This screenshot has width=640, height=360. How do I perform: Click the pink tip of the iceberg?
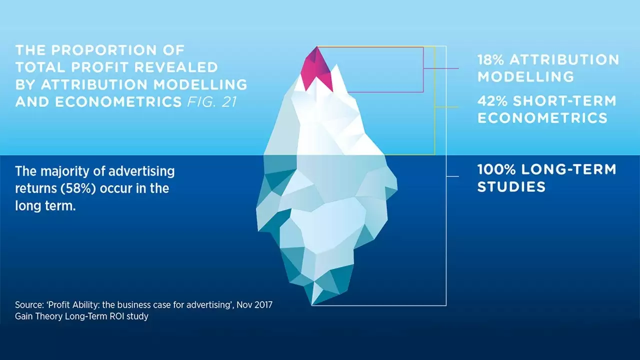(x=317, y=70)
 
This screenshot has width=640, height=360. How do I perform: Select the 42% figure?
(x=491, y=101)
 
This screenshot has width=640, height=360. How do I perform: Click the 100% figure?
(x=496, y=169)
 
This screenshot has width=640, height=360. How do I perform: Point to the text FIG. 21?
(x=211, y=101)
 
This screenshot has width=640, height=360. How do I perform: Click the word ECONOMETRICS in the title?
(x=118, y=101)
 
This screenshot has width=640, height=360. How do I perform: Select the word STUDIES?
(x=511, y=187)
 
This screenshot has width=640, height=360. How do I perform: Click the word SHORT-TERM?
(x=564, y=101)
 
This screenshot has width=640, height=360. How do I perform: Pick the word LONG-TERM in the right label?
(x=569, y=169)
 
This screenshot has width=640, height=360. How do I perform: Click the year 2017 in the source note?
(x=263, y=305)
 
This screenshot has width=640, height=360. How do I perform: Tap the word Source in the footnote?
(x=29, y=305)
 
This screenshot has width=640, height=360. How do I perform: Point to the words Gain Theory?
(x=38, y=316)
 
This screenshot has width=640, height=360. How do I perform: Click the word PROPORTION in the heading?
(x=104, y=50)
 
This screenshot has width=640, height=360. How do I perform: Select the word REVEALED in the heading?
(x=176, y=67)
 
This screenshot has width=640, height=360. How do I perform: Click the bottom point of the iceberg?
(x=311, y=305)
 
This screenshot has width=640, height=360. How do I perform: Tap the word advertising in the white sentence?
(x=141, y=171)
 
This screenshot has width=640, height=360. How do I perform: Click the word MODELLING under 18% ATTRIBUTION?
(x=525, y=76)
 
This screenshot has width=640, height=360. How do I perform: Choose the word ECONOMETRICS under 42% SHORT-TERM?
(x=542, y=118)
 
